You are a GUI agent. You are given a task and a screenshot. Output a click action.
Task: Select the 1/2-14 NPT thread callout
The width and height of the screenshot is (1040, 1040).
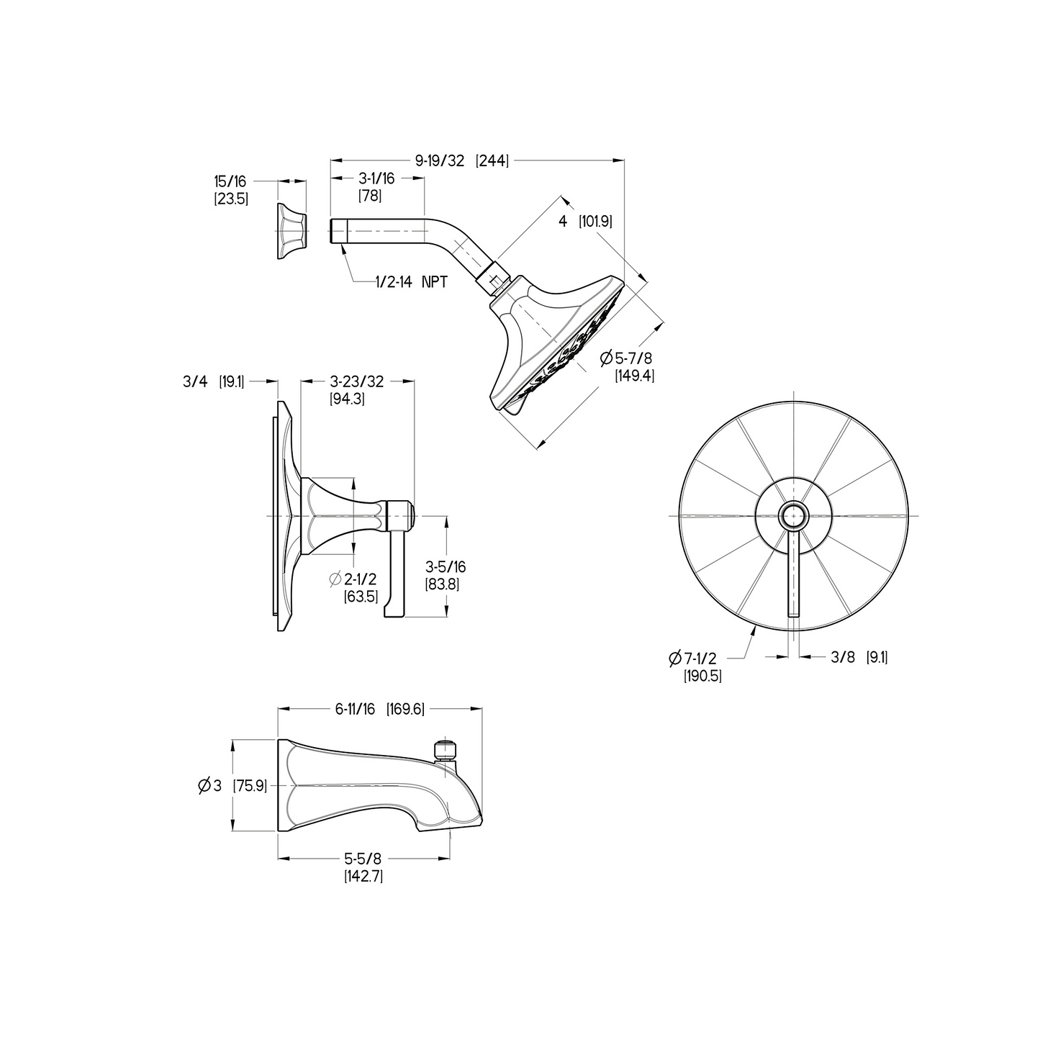tap(411, 282)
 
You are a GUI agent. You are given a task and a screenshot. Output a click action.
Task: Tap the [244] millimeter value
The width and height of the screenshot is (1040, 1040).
tap(492, 160)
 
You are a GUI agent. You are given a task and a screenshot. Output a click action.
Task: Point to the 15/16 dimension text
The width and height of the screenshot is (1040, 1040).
tap(230, 181)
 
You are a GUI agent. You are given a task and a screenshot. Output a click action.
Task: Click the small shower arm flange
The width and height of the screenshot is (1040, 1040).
tap(291, 231)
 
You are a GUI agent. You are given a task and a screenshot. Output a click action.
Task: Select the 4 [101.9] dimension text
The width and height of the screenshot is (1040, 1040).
tap(585, 222)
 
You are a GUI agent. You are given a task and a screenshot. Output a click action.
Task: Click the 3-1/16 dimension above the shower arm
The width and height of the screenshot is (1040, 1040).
tap(377, 178)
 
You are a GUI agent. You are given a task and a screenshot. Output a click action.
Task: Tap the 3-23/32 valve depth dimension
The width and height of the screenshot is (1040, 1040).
tap(356, 381)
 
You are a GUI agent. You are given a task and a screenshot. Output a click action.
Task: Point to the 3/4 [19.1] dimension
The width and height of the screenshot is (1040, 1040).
tap(213, 381)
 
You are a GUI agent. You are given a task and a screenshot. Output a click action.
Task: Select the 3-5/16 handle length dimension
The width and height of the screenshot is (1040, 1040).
tap(446, 568)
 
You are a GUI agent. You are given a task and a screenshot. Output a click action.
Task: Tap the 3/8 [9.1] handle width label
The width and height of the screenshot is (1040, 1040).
tap(859, 656)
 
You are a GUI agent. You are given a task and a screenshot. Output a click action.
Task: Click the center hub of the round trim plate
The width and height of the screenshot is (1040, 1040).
tap(794, 516)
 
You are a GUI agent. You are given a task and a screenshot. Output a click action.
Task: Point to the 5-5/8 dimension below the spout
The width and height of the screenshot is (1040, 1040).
tap(362, 859)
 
